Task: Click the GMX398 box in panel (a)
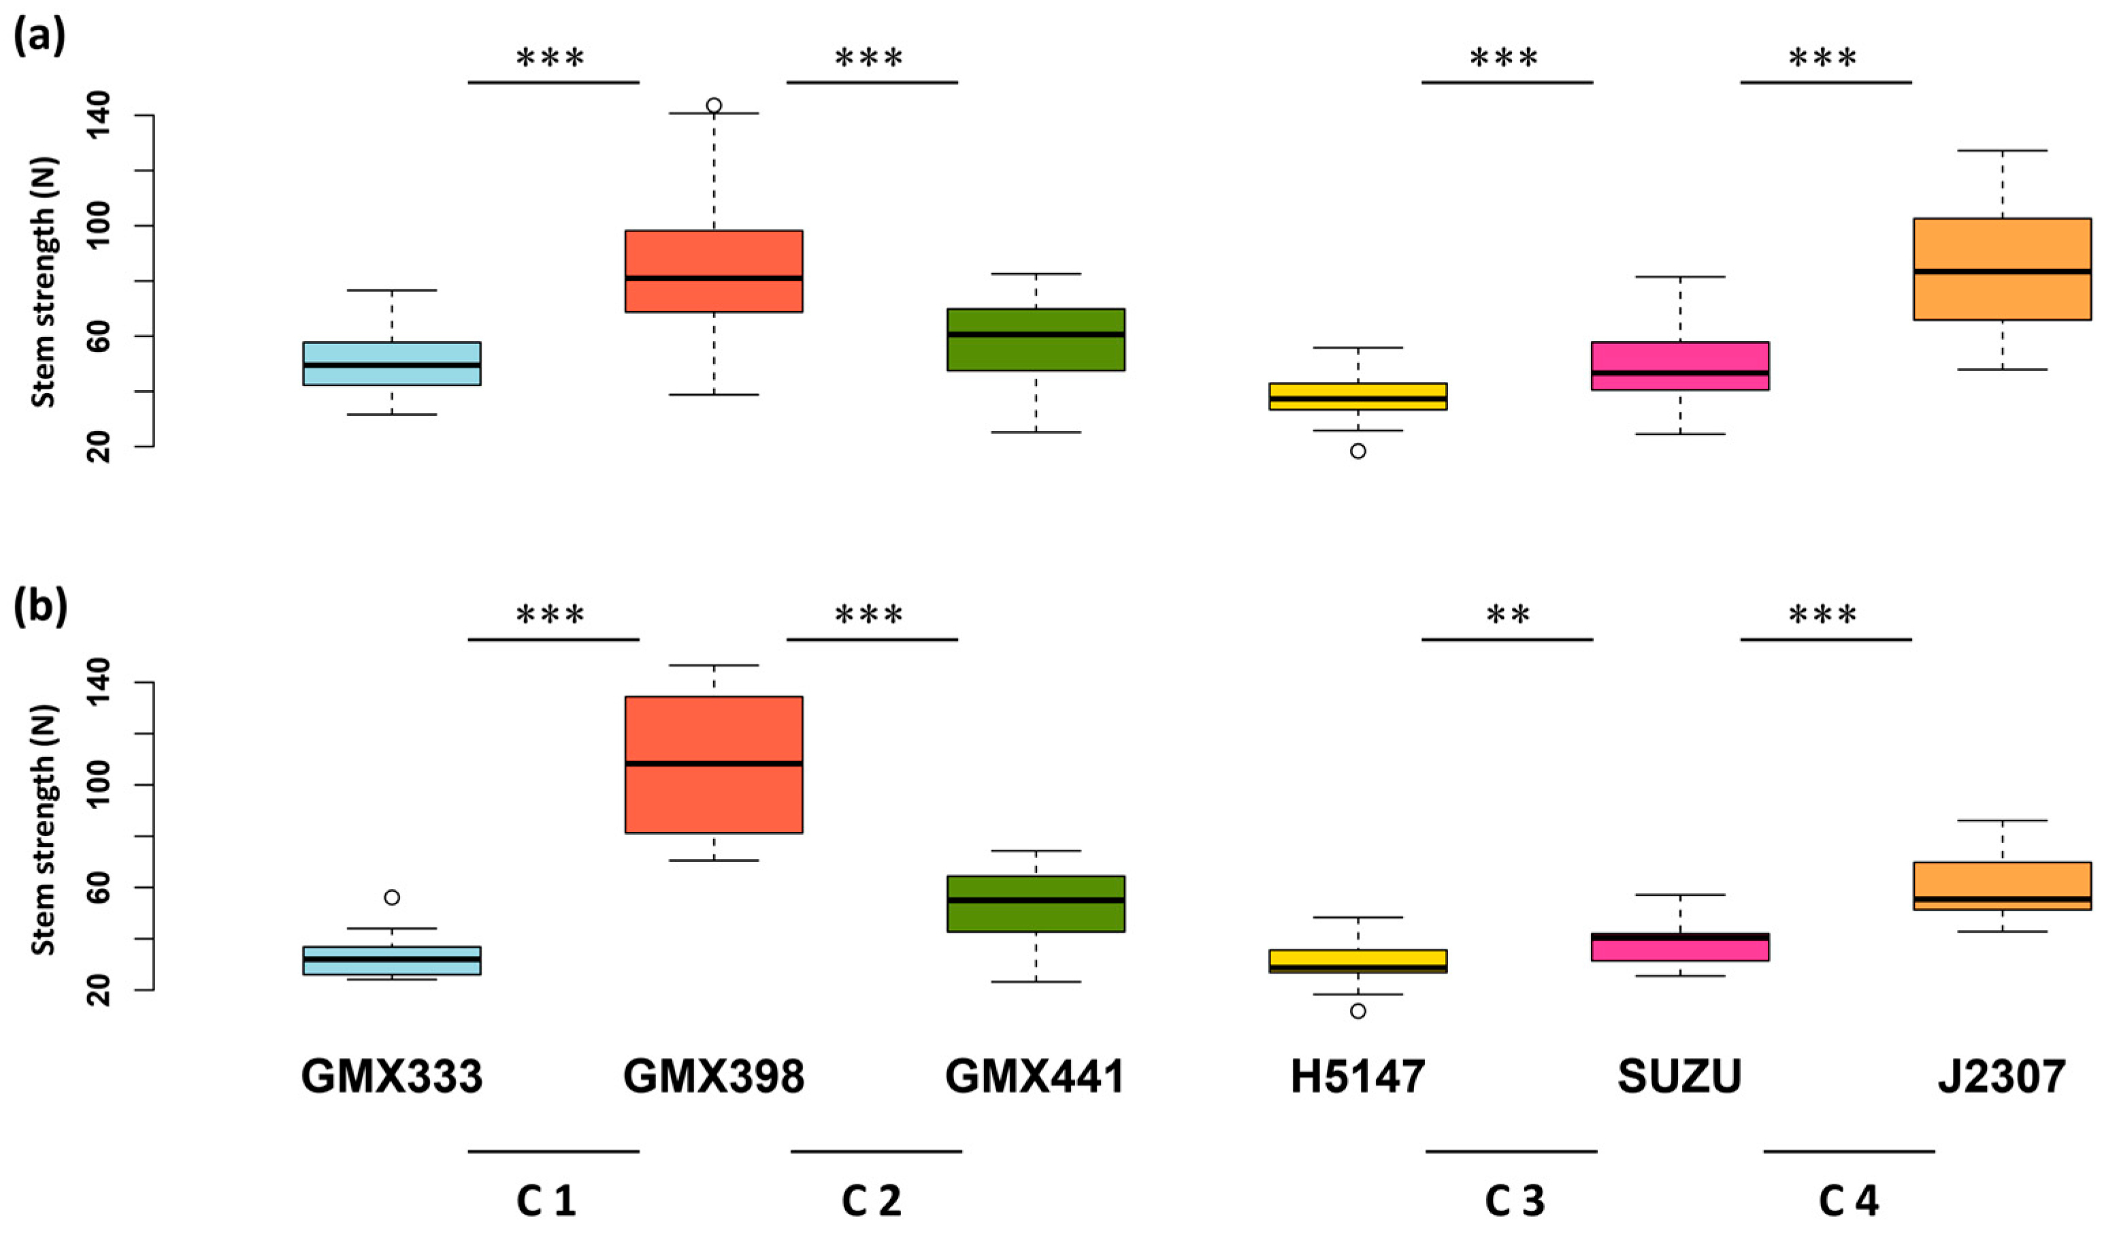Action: tap(714, 271)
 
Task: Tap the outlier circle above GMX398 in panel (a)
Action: tap(714, 106)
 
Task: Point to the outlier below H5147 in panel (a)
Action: tap(1358, 451)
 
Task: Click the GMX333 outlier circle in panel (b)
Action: tap(391, 897)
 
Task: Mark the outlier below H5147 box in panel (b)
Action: tap(1358, 1011)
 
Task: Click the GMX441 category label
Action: tap(1035, 1078)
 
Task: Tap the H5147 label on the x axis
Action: tap(1358, 1078)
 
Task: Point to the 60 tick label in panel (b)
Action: tap(99, 888)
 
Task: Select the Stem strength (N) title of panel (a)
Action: tap(44, 281)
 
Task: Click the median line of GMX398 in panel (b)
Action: tap(714, 763)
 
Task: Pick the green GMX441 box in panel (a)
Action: tap(1035, 339)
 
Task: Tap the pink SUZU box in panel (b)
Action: tap(1680, 947)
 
